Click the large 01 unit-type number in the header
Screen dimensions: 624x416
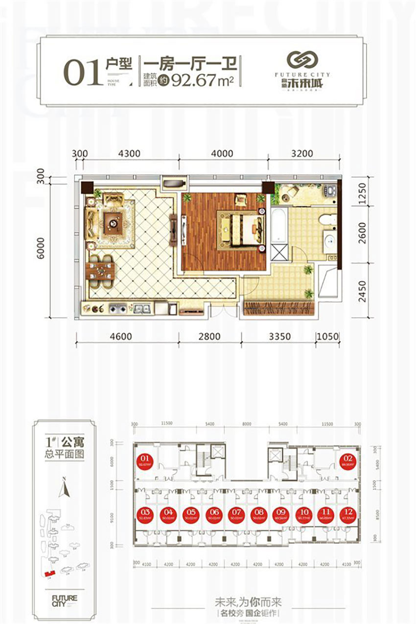click(x=82, y=74)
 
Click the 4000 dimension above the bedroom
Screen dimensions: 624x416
click(x=223, y=154)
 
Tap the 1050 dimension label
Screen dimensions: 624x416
click(x=328, y=336)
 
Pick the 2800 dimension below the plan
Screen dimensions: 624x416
click(x=209, y=336)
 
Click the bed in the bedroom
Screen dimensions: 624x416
click(x=239, y=228)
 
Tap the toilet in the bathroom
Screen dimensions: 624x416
click(x=330, y=218)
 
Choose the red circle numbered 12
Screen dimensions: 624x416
click(x=347, y=515)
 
